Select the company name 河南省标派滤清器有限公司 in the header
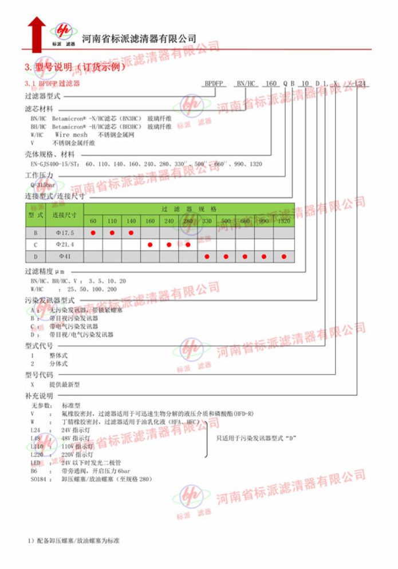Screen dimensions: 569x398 click(139, 38)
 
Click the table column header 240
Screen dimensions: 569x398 click(169, 221)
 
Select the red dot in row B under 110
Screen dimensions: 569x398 click(112, 232)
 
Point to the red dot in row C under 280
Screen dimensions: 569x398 click(188, 244)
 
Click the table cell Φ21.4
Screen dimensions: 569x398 click(65, 244)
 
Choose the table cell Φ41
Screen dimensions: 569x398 click(65, 256)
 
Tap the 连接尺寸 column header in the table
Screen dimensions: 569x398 click(65, 215)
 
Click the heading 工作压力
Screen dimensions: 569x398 click(39, 174)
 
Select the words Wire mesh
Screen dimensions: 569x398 click(71, 135)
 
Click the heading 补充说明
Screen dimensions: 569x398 click(39, 396)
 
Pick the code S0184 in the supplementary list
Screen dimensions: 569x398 click(38, 478)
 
